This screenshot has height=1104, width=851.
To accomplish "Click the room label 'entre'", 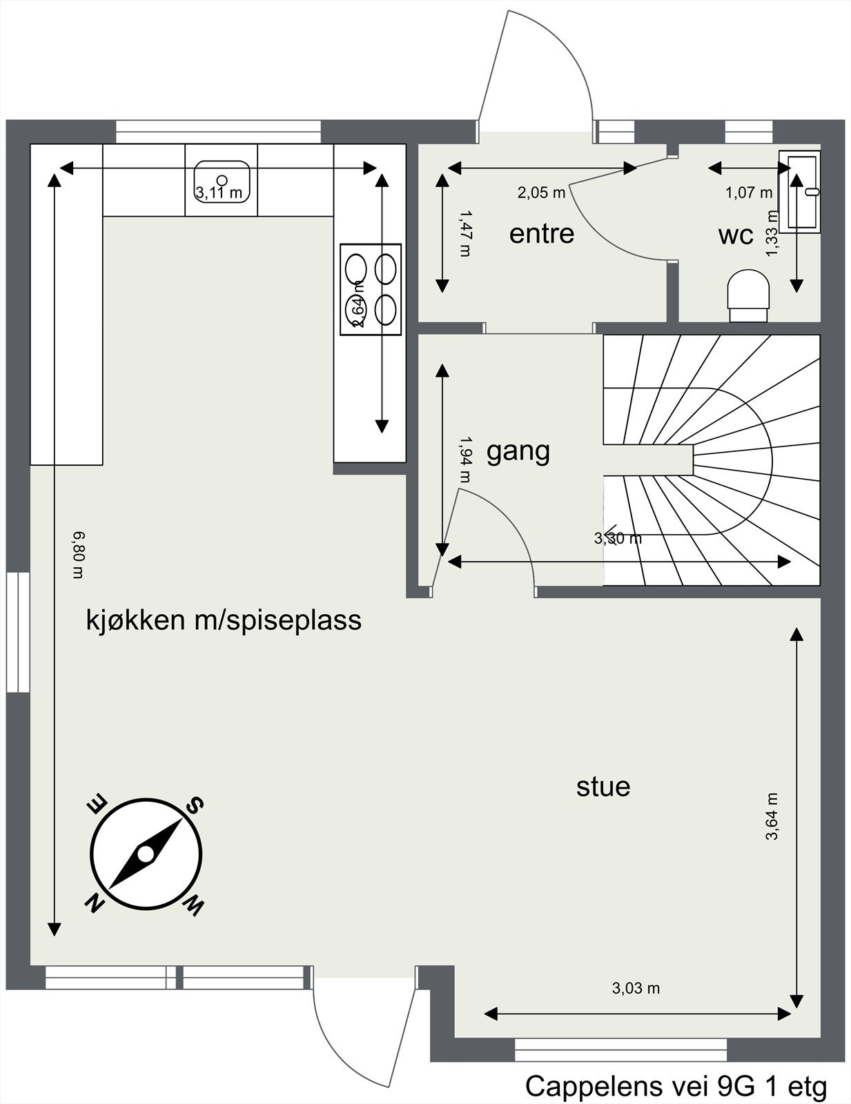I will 542,234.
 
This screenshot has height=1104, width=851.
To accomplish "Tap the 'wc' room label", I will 735,235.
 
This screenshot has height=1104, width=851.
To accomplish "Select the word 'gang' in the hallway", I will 518,451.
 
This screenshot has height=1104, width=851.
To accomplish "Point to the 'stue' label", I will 603,787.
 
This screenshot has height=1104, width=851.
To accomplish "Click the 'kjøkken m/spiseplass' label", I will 224,620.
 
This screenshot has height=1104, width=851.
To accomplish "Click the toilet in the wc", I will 748,295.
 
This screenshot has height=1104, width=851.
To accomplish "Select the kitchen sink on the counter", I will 222,181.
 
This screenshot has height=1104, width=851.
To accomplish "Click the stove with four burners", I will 371,290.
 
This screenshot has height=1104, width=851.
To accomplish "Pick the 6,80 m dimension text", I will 79,555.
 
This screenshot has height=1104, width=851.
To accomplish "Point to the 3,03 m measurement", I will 636,988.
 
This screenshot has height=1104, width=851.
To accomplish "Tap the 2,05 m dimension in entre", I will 541,193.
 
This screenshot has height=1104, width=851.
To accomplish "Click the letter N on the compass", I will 95,902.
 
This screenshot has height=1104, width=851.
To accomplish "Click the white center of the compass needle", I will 146,854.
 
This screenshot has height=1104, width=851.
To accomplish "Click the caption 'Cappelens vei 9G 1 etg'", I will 676,1085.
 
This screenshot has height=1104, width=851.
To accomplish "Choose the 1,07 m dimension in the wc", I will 748,193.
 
